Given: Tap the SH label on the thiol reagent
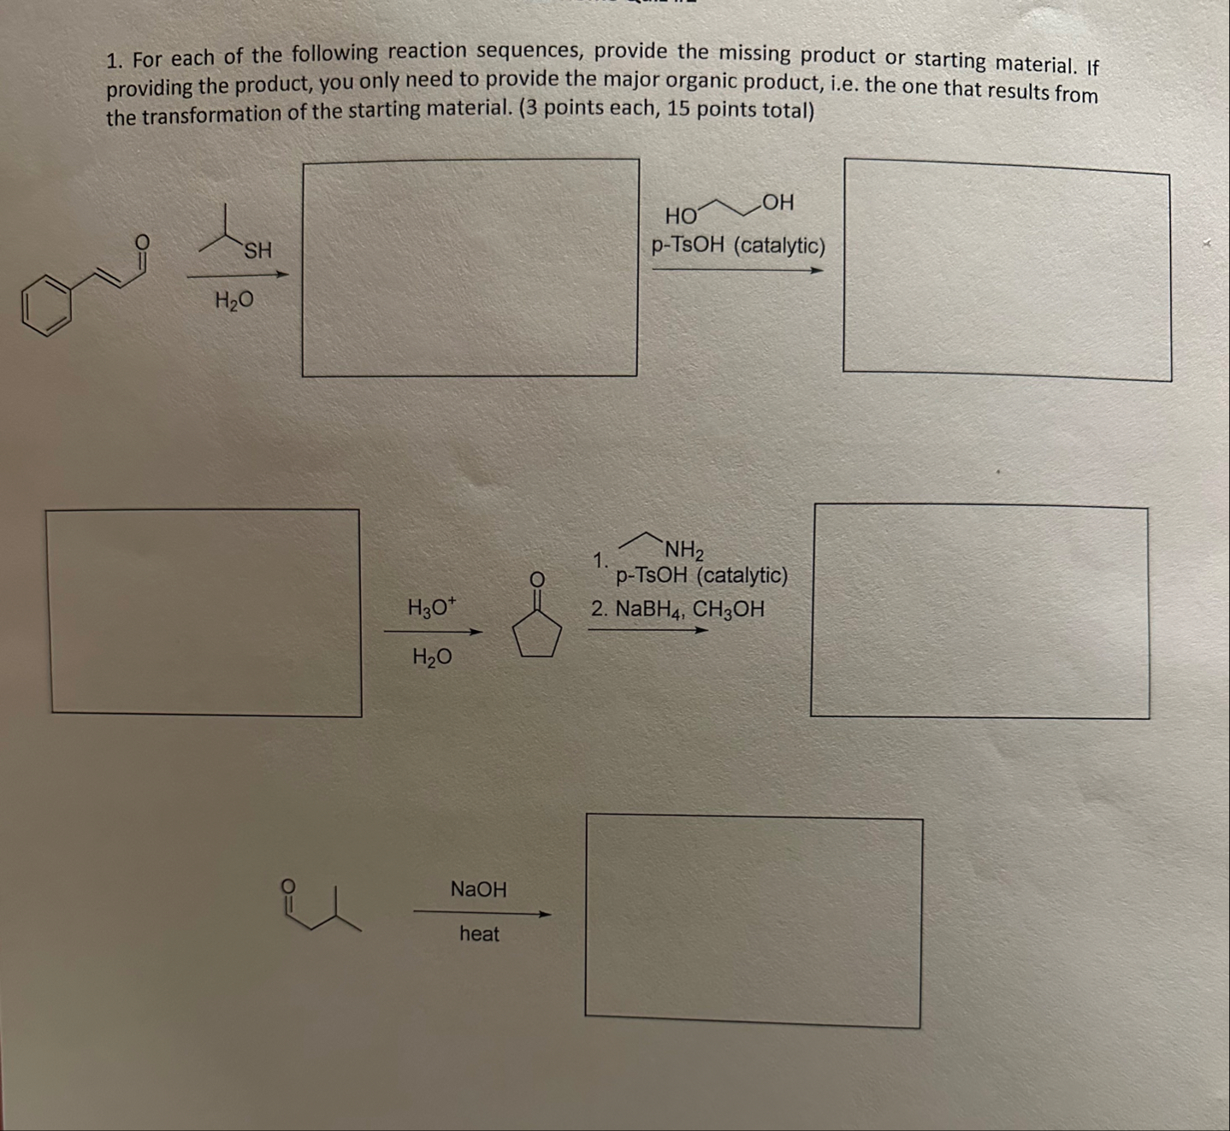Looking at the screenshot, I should coord(257,251).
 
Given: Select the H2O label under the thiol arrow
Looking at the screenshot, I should coord(234,301).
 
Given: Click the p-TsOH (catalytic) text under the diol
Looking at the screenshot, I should coord(738,246).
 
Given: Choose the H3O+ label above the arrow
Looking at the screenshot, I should coord(432,608).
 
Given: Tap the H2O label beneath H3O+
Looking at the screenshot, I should coord(432,657).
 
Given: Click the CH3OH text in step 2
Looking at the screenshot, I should coord(728,610).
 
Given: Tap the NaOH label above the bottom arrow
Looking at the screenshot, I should coord(478,890).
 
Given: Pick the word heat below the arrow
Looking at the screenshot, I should coord(479,934).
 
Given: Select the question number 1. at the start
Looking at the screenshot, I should coord(115,61).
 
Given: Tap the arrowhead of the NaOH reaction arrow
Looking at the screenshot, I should coord(544,914).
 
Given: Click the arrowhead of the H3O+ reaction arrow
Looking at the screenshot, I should coord(476,633).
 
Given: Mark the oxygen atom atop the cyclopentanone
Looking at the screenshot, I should coord(536,580).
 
